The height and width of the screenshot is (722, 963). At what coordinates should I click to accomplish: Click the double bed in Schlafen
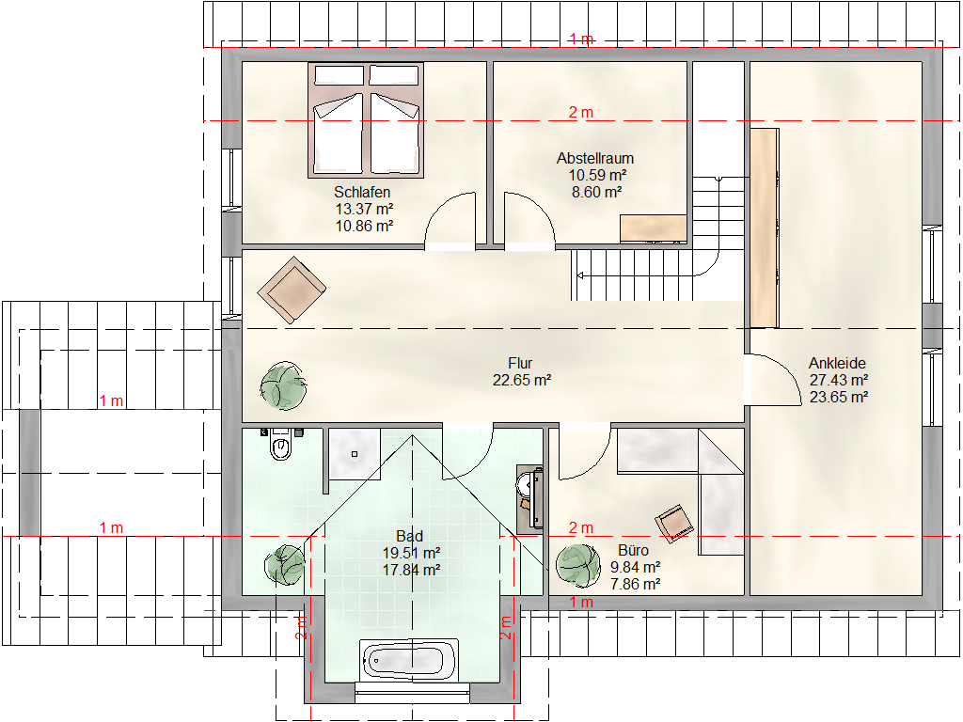(x=366, y=120)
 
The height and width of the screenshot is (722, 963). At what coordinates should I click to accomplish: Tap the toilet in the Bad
(x=280, y=445)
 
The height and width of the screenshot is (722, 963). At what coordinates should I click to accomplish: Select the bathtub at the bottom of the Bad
(x=410, y=661)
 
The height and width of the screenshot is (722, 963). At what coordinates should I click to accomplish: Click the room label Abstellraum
(x=595, y=158)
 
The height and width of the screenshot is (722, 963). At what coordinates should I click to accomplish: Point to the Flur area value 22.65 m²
(x=521, y=380)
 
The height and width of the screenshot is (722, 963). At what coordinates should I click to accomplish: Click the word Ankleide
(x=837, y=363)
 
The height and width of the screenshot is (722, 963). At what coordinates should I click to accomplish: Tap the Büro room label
(x=633, y=550)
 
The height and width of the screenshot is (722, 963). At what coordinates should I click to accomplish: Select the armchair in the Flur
(x=292, y=290)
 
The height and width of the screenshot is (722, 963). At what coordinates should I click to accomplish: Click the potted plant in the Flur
(x=283, y=385)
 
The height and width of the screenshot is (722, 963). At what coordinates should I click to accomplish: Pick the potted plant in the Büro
(x=578, y=566)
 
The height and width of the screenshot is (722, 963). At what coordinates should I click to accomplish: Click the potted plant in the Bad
(x=284, y=565)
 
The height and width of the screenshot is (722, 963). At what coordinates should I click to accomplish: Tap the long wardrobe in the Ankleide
(x=765, y=228)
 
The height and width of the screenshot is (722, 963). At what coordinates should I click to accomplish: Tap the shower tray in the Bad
(x=355, y=454)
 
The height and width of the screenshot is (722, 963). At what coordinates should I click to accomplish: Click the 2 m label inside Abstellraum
(x=580, y=113)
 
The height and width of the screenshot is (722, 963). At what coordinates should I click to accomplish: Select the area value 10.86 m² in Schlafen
(x=364, y=226)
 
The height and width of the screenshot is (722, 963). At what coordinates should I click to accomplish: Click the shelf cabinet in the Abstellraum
(x=653, y=228)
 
